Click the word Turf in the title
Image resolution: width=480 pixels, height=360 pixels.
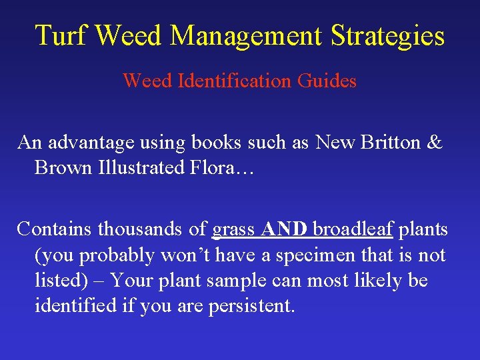[x=61, y=35]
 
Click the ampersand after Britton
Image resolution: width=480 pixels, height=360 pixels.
[x=434, y=142]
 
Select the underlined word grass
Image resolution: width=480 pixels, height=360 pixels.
[x=233, y=230]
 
